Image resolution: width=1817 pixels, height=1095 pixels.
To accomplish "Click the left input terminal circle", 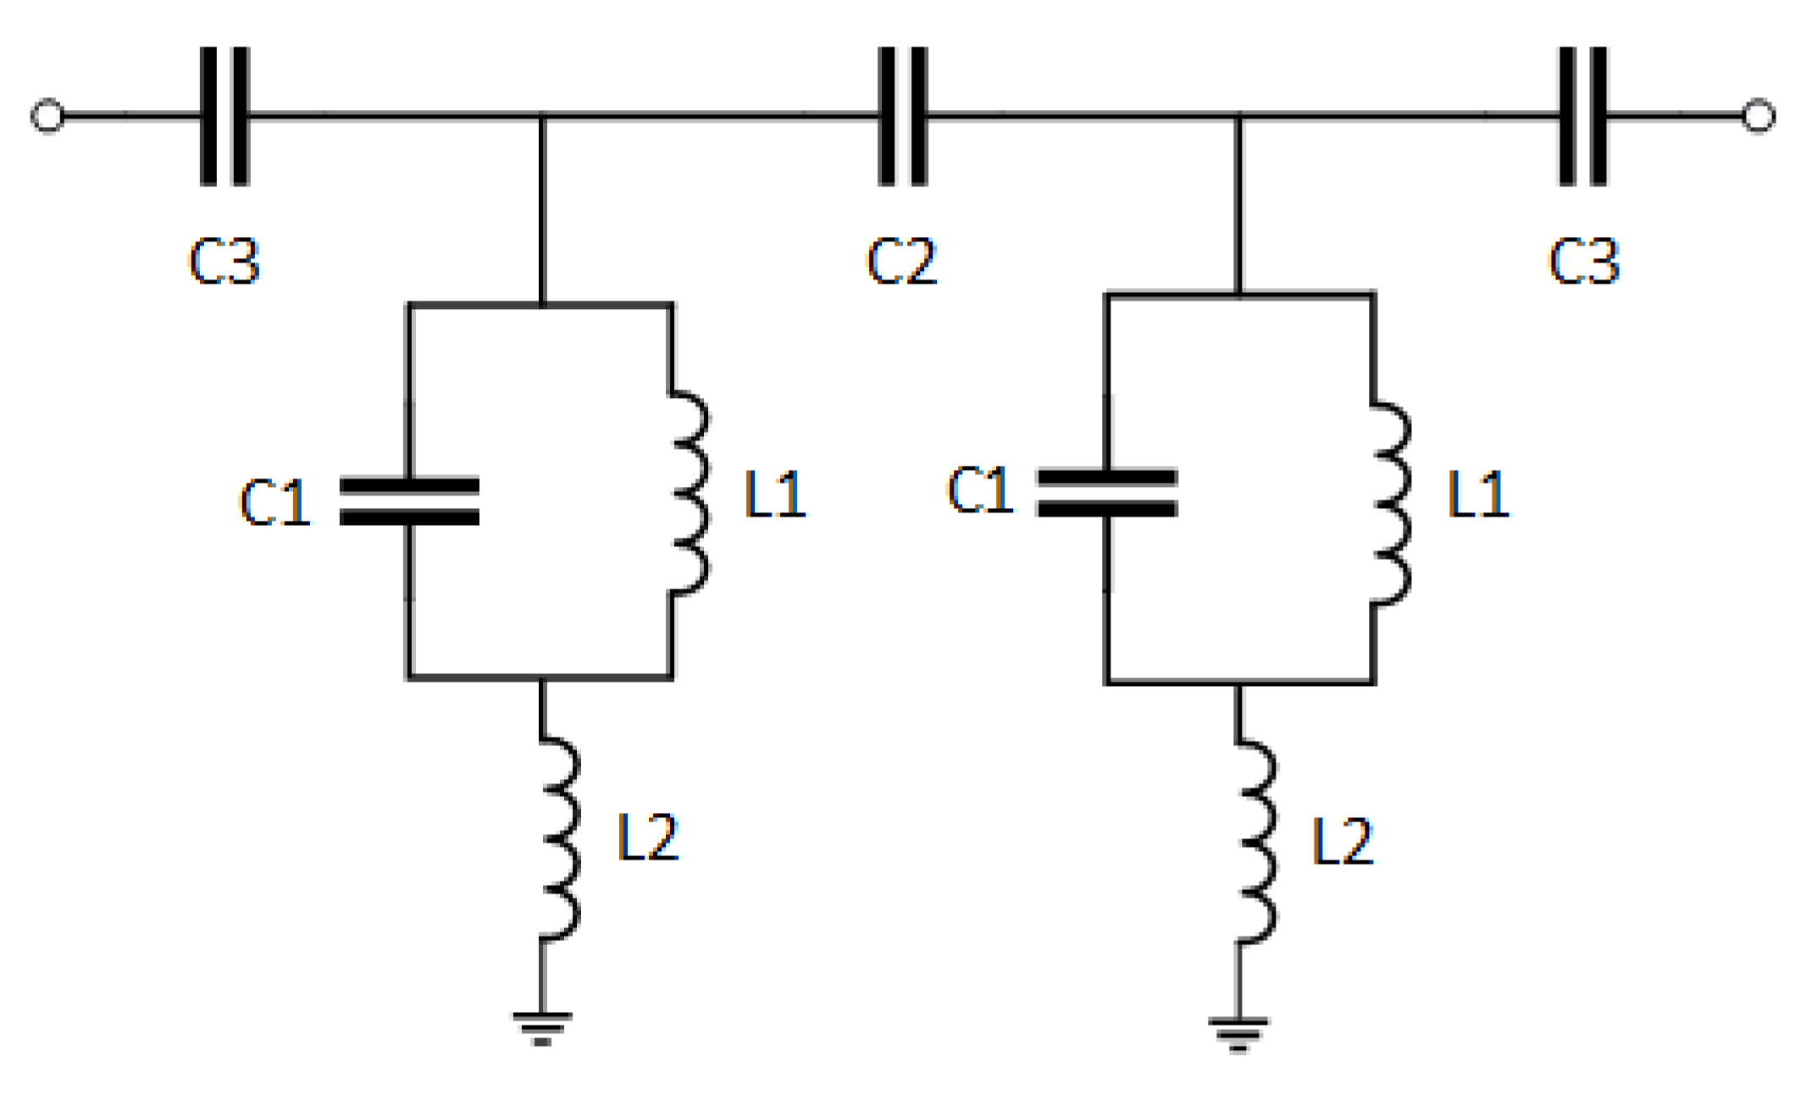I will [x=47, y=116].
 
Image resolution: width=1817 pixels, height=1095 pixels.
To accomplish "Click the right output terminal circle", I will [x=1759, y=116].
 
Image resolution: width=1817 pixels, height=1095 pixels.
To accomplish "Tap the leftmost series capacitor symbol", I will [x=224, y=116].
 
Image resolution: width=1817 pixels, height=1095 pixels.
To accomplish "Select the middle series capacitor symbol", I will [x=903, y=116].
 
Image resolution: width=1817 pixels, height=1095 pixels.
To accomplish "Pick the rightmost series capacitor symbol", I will [x=1582, y=116].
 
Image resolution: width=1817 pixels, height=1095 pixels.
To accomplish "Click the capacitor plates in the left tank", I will [x=410, y=501].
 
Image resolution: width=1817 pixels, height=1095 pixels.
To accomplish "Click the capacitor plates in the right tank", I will [x=1107, y=493].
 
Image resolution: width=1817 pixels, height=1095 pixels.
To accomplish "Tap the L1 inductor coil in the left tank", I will [x=690, y=493].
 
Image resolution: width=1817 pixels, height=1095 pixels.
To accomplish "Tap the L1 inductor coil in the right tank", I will [x=1391, y=503].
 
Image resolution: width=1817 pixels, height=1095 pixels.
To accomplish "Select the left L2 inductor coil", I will [x=561, y=838].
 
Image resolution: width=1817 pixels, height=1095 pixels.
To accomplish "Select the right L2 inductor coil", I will [x=1257, y=843].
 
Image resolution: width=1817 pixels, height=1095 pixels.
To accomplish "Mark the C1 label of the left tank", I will [x=274, y=502].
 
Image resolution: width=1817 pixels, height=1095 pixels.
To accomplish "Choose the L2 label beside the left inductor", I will [x=648, y=838].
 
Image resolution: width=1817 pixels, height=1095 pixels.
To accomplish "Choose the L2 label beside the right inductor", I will [x=1343, y=842].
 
